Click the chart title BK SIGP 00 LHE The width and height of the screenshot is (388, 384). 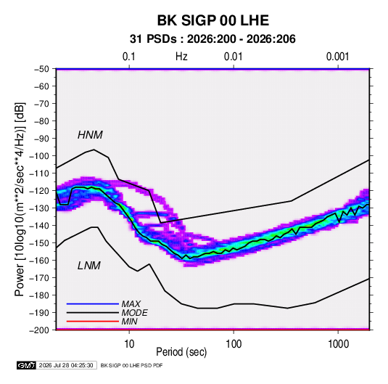212,20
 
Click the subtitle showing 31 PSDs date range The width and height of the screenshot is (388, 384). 212,39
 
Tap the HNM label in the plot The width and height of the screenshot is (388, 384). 90,135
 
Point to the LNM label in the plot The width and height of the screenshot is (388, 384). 89,266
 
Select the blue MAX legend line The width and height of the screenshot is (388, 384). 93,304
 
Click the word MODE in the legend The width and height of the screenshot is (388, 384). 135,313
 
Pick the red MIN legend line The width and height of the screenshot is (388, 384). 93,322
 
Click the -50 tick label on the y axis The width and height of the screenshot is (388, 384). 41,69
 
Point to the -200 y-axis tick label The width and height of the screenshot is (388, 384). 39,330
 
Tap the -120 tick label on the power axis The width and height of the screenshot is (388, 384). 39,191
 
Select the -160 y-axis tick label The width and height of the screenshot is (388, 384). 39,261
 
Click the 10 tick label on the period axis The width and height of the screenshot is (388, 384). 129,344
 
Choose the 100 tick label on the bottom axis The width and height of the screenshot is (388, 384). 234,344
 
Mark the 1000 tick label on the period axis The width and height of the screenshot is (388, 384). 338,344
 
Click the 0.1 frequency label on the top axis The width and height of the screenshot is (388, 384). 129,57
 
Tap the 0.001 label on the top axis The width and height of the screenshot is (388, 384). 337,57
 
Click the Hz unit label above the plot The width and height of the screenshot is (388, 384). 181,57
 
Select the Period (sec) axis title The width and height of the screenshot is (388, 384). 181,352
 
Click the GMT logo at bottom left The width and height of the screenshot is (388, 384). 27,365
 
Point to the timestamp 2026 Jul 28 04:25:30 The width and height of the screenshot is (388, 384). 66,365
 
